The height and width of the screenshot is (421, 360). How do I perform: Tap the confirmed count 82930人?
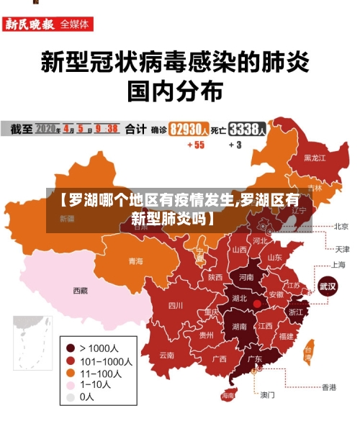(189, 130)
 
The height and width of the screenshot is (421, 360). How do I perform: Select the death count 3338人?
(248, 130)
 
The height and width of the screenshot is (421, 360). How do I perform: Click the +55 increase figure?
(195, 145)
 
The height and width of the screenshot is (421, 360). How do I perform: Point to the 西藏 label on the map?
(80, 291)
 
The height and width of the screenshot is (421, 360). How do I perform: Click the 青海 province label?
(135, 261)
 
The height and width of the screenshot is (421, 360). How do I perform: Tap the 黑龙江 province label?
(315, 157)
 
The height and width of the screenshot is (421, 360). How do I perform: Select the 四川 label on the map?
(175, 305)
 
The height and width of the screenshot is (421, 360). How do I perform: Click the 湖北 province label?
(238, 298)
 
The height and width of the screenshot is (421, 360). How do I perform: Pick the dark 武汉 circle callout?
(328, 285)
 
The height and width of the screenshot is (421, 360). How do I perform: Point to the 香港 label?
(328, 387)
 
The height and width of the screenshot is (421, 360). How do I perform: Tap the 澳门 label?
(267, 394)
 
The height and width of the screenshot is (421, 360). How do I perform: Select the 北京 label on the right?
(341, 226)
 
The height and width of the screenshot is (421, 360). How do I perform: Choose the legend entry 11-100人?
(100, 373)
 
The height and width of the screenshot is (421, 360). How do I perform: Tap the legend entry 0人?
(86, 397)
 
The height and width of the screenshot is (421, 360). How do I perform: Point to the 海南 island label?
(228, 396)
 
